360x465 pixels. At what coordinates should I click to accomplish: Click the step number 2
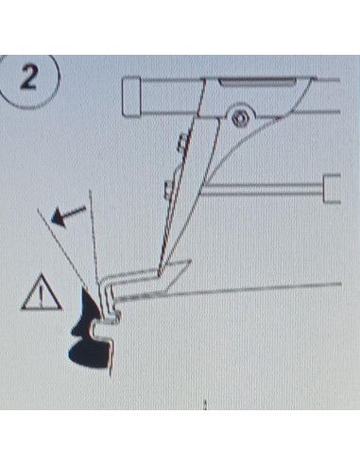click(x=29, y=78)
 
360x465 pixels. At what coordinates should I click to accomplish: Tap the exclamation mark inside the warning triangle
click(x=42, y=297)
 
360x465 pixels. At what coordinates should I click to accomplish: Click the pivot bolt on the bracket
click(x=240, y=118)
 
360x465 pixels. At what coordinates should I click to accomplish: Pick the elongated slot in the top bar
click(x=257, y=82)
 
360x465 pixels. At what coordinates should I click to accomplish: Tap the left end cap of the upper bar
click(x=131, y=97)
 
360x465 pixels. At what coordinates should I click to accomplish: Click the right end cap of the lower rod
click(x=332, y=188)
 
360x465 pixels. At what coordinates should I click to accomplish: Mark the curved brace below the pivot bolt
click(x=239, y=148)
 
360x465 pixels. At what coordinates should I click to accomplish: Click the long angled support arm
click(x=188, y=196)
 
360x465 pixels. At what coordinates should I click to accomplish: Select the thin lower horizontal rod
click(x=263, y=189)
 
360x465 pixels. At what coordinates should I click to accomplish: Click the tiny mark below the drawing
click(x=205, y=404)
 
